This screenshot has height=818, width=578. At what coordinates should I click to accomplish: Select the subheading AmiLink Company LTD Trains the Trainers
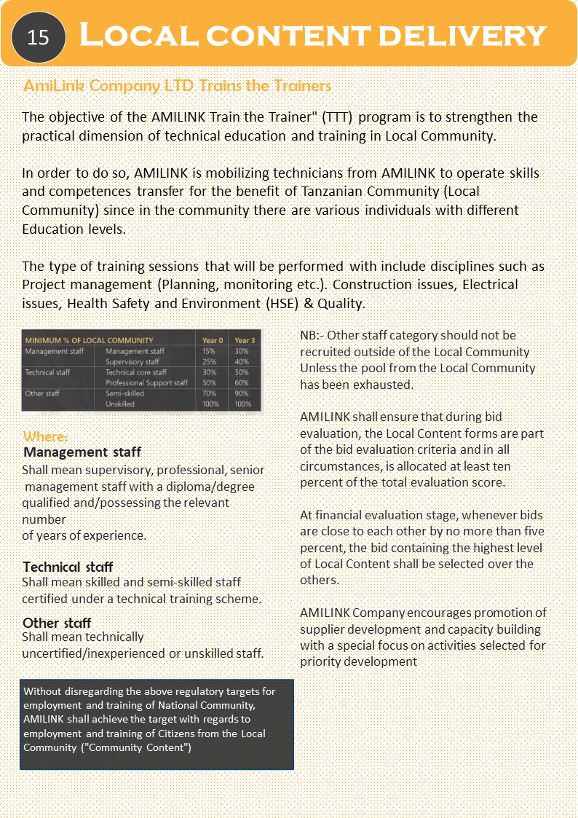coord(178,86)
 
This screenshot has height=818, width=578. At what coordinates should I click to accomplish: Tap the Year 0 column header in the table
coord(213,340)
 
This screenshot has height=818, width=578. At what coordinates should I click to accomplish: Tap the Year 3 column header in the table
coord(244,340)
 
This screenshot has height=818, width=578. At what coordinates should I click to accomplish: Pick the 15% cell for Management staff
coord(210,351)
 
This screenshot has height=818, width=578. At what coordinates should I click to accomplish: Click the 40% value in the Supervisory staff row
coord(242,362)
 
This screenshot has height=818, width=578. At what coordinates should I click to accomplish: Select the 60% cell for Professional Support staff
coord(242,383)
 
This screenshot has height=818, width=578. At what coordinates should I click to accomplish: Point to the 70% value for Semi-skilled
coord(210,393)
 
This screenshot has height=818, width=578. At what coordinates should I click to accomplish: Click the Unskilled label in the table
coord(120,404)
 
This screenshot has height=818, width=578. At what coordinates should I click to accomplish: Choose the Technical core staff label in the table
coord(136,372)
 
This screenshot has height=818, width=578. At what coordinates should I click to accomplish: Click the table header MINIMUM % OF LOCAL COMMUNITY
coord(89,340)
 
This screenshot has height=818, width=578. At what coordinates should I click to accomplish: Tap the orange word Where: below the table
coord(45,437)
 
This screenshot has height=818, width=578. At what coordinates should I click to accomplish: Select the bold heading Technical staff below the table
coord(68,567)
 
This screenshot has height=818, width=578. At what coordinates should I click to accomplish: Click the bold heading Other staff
coord(57,623)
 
